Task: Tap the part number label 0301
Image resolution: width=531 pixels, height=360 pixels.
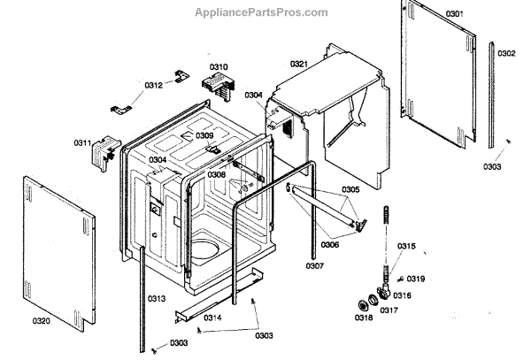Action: pos(455,14)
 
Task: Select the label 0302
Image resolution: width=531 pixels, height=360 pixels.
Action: pos(506,53)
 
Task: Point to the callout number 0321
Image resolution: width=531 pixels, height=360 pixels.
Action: pos(299,64)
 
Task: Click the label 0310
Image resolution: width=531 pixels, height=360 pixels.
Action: pos(219,67)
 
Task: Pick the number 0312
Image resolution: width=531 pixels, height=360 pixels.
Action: pos(154,85)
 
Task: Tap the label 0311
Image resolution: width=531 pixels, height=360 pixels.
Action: pos(82,142)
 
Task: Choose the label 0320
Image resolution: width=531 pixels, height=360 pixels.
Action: pos(42,320)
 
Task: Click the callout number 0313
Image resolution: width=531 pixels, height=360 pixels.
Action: pos(157,299)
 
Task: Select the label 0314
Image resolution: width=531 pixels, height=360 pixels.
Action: pos(212,317)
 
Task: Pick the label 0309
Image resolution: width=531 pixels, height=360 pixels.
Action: pos(205,135)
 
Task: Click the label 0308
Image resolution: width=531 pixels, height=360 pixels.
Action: pos(217,174)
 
